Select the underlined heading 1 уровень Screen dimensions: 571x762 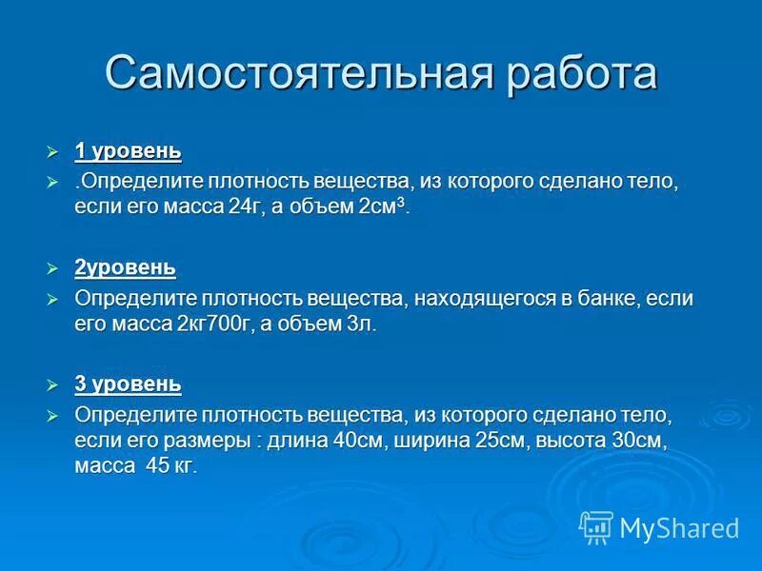(x=128, y=151)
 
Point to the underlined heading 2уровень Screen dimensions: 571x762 (x=125, y=267)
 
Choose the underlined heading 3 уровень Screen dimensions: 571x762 (x=128, y=384)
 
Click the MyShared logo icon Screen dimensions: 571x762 (x=596, y=526)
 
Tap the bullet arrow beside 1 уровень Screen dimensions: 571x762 (x=53, y=152)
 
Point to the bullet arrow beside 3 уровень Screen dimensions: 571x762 (x=53, y=385)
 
